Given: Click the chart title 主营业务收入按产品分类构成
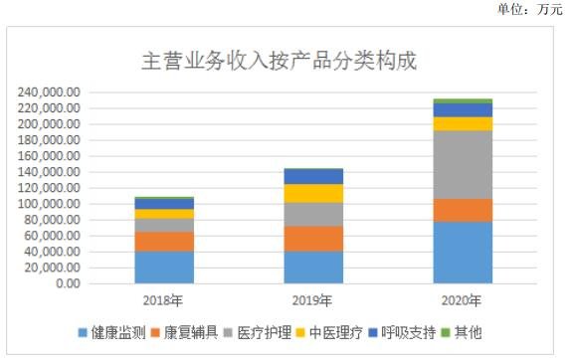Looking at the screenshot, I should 278,61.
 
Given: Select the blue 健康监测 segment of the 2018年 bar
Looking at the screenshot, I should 164,267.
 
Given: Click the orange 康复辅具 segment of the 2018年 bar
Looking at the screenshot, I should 164,241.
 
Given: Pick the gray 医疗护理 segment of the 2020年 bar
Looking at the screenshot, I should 463,164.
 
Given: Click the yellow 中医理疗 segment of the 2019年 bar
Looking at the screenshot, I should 313,193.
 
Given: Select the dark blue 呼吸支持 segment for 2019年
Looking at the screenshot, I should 313,176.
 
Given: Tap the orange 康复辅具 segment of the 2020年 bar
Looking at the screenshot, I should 463,210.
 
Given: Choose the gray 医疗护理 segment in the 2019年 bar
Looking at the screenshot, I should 313,214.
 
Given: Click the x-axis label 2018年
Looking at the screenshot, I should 164,300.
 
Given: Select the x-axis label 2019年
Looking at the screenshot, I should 313,300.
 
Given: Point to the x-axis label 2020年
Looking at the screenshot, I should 463,300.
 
